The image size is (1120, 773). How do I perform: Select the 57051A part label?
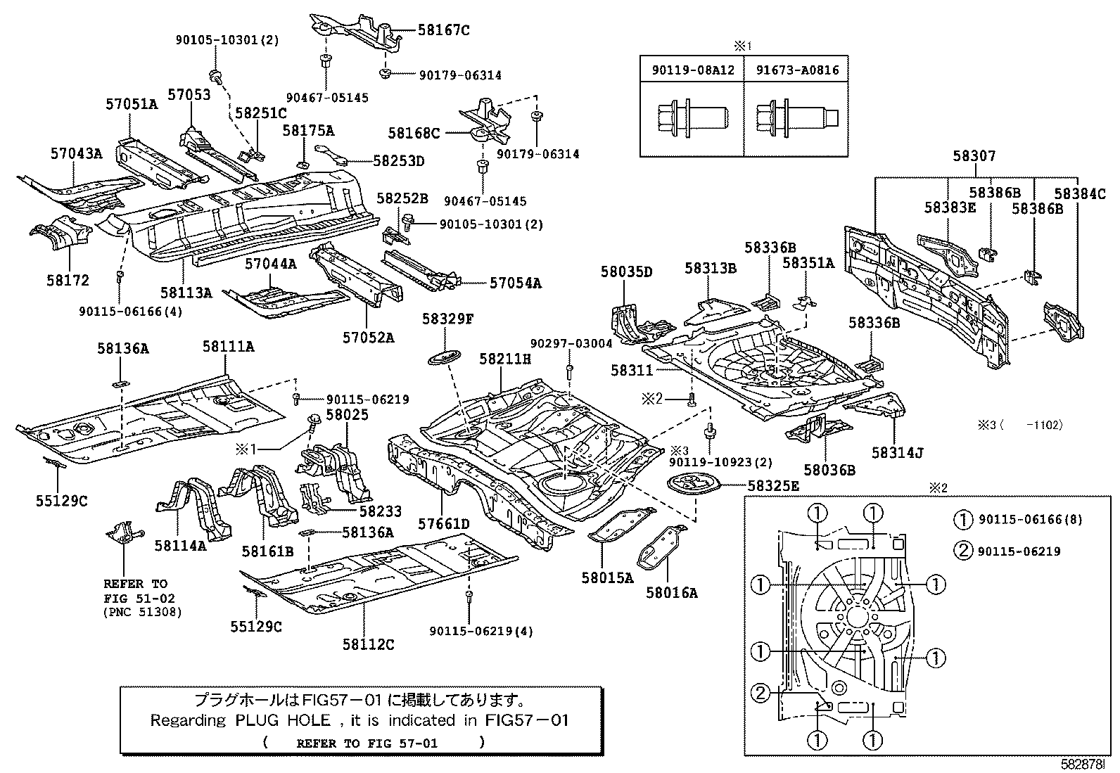(132, 104)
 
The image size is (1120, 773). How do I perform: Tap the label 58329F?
(447, 319)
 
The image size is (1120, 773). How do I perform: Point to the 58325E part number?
(772, 485)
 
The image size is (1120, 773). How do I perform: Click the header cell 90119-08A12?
(692, 70)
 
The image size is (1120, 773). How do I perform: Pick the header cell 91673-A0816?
(797, 70)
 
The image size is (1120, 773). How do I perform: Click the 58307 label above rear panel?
(974, 156)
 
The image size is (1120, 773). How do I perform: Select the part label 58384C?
(1080, 193)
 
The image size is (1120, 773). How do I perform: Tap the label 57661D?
(444, 524)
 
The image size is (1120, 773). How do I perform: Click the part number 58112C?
(368, 644)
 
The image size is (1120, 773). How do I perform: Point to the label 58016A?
(672, 593)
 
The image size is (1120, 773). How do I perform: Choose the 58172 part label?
(68, 280)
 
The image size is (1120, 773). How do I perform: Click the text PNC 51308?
(143, 612)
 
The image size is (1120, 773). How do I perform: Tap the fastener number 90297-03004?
(571, 343)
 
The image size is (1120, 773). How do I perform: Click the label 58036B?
(830, 470)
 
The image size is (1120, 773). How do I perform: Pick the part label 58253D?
(398, 161)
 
